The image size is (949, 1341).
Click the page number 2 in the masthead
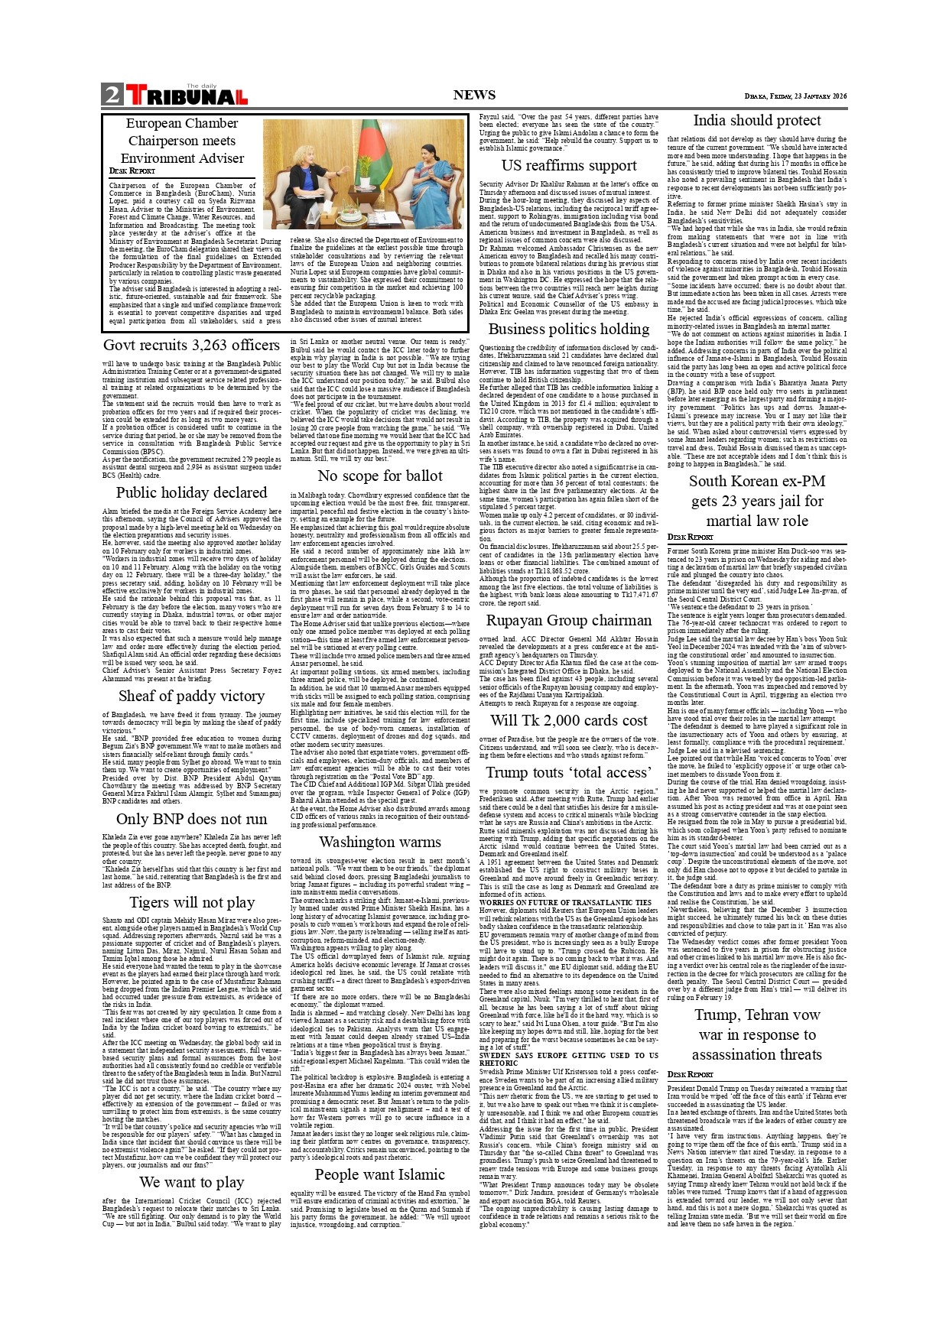coord(112,94)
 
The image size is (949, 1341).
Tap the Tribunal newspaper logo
coord(186,96)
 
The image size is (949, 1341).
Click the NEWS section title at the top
coord(474,95)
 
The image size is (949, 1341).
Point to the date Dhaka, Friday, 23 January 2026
coord(795,96)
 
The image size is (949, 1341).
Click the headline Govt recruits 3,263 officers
coord(191,345)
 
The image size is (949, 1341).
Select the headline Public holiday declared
coord(191,492)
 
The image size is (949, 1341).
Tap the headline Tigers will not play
coord(191,902)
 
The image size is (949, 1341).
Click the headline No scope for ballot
coord(380,476)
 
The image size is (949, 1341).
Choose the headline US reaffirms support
coord(569,165)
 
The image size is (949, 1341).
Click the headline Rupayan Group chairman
coord(569,620)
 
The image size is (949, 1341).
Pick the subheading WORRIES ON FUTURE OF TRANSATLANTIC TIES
coord(565,902)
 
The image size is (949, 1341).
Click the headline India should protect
coord(756,120)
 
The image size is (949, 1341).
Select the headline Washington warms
coord(380,842)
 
